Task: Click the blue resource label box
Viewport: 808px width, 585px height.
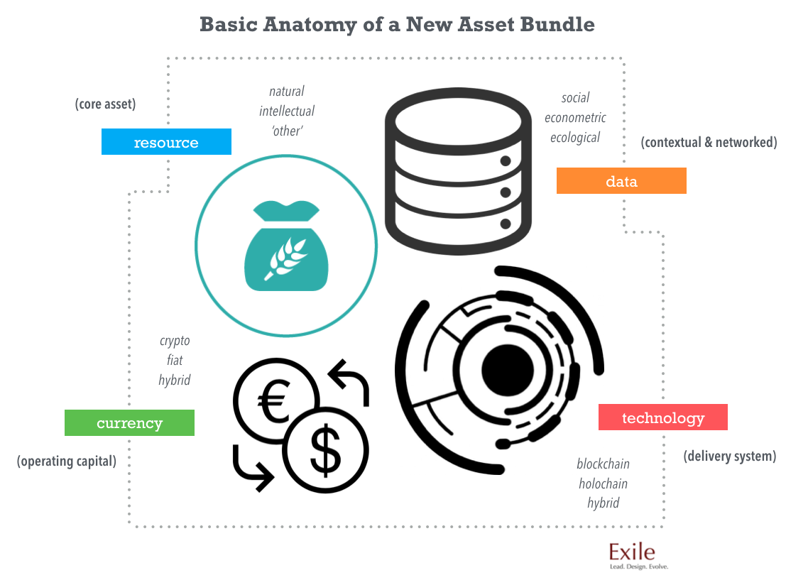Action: point(166,142)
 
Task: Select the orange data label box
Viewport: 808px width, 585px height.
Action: point(621,181)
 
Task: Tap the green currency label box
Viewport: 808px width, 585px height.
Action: point(129,423)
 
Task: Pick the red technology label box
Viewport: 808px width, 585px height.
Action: point(662,417)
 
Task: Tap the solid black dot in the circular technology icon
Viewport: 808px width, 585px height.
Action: point(507,369)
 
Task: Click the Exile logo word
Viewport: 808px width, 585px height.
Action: point(632,552)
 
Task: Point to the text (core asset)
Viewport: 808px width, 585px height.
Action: point(105,104)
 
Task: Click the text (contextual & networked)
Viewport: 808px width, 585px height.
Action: point(709,142)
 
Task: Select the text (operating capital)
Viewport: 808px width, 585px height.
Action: point(67,461)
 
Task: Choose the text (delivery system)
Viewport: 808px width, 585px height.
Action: point(729,456)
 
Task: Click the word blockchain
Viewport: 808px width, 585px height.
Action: point(603,464)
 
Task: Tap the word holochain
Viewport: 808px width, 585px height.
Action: point(603,483)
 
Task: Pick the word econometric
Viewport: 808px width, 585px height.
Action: point(575,118)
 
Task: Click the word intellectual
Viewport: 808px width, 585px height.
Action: point(287,111)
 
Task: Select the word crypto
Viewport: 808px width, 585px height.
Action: point(175,341)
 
